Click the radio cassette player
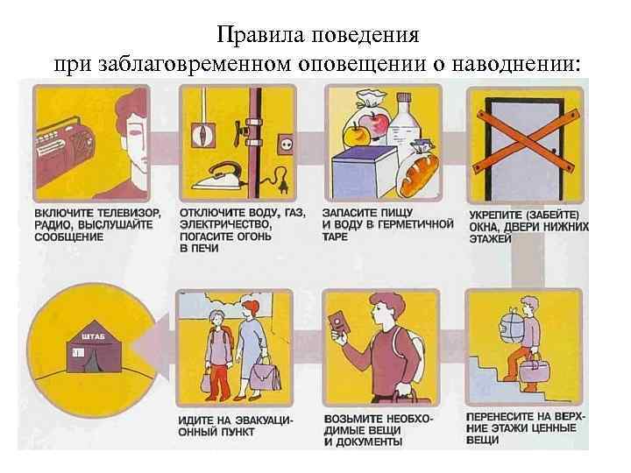click(74, 139)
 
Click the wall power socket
click(287, 141)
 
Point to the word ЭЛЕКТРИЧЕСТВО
click(225, 224)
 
